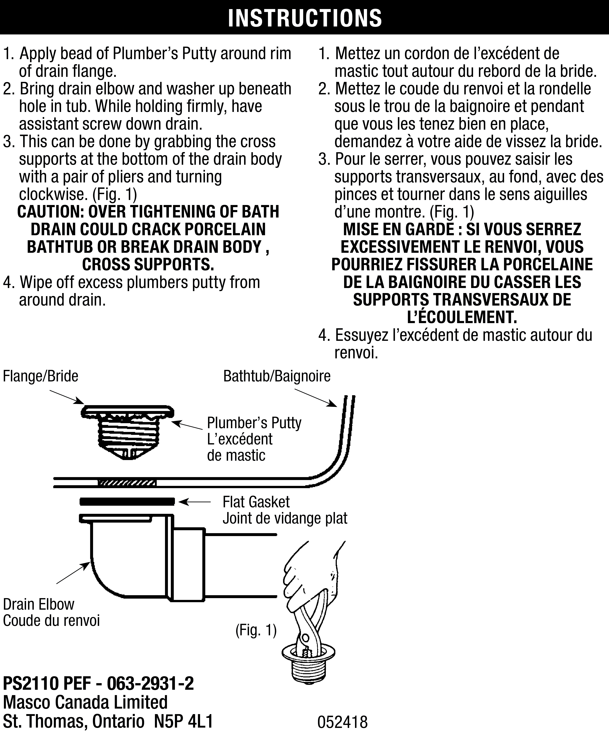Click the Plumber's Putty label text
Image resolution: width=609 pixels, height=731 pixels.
point(254,423)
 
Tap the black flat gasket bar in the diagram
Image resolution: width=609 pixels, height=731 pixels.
point(127,502)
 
